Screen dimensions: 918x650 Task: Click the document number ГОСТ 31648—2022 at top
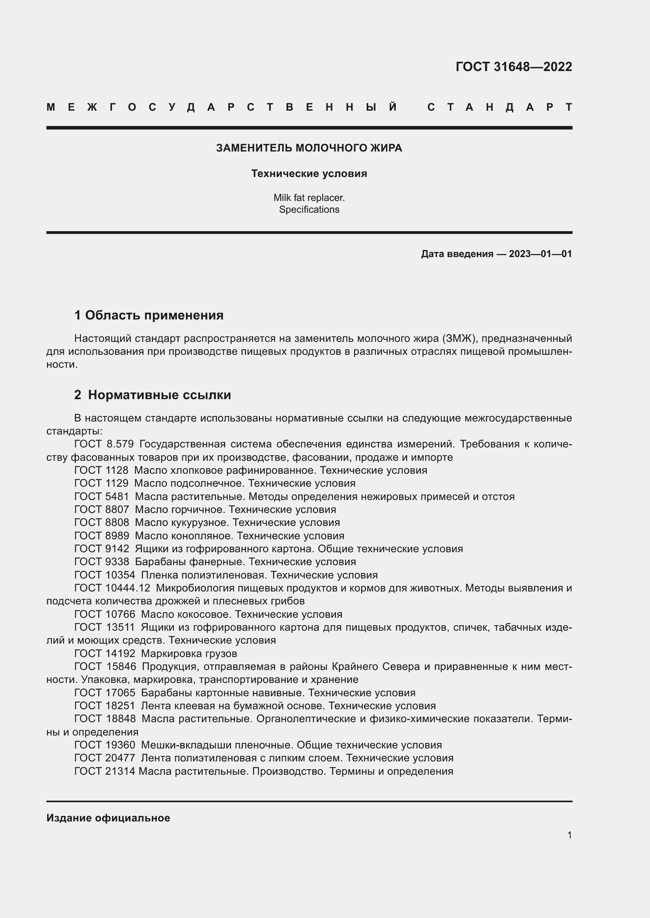click(514, 66)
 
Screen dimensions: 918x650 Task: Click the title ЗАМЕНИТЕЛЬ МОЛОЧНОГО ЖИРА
click(309, 148)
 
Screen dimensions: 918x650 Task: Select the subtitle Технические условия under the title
click(309, 173)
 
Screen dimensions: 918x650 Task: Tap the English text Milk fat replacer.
click(309, 197)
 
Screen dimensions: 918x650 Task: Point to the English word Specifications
click(309, 210)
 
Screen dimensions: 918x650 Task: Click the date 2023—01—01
click(540, 254)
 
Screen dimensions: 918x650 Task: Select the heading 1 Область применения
click(149, 315)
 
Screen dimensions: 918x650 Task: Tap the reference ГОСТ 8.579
click(104, 444)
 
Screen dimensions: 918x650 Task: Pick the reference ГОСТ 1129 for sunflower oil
click(101, 483)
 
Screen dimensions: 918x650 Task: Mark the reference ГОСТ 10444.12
click(112, 588)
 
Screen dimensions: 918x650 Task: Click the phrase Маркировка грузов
click(189, 653)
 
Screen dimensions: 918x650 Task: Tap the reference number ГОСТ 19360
click(105, 745)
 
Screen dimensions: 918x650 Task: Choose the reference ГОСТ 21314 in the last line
click(105, 771)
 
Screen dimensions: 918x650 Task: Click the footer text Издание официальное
click(108, 818)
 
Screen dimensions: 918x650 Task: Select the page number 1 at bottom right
click(569, 835)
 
